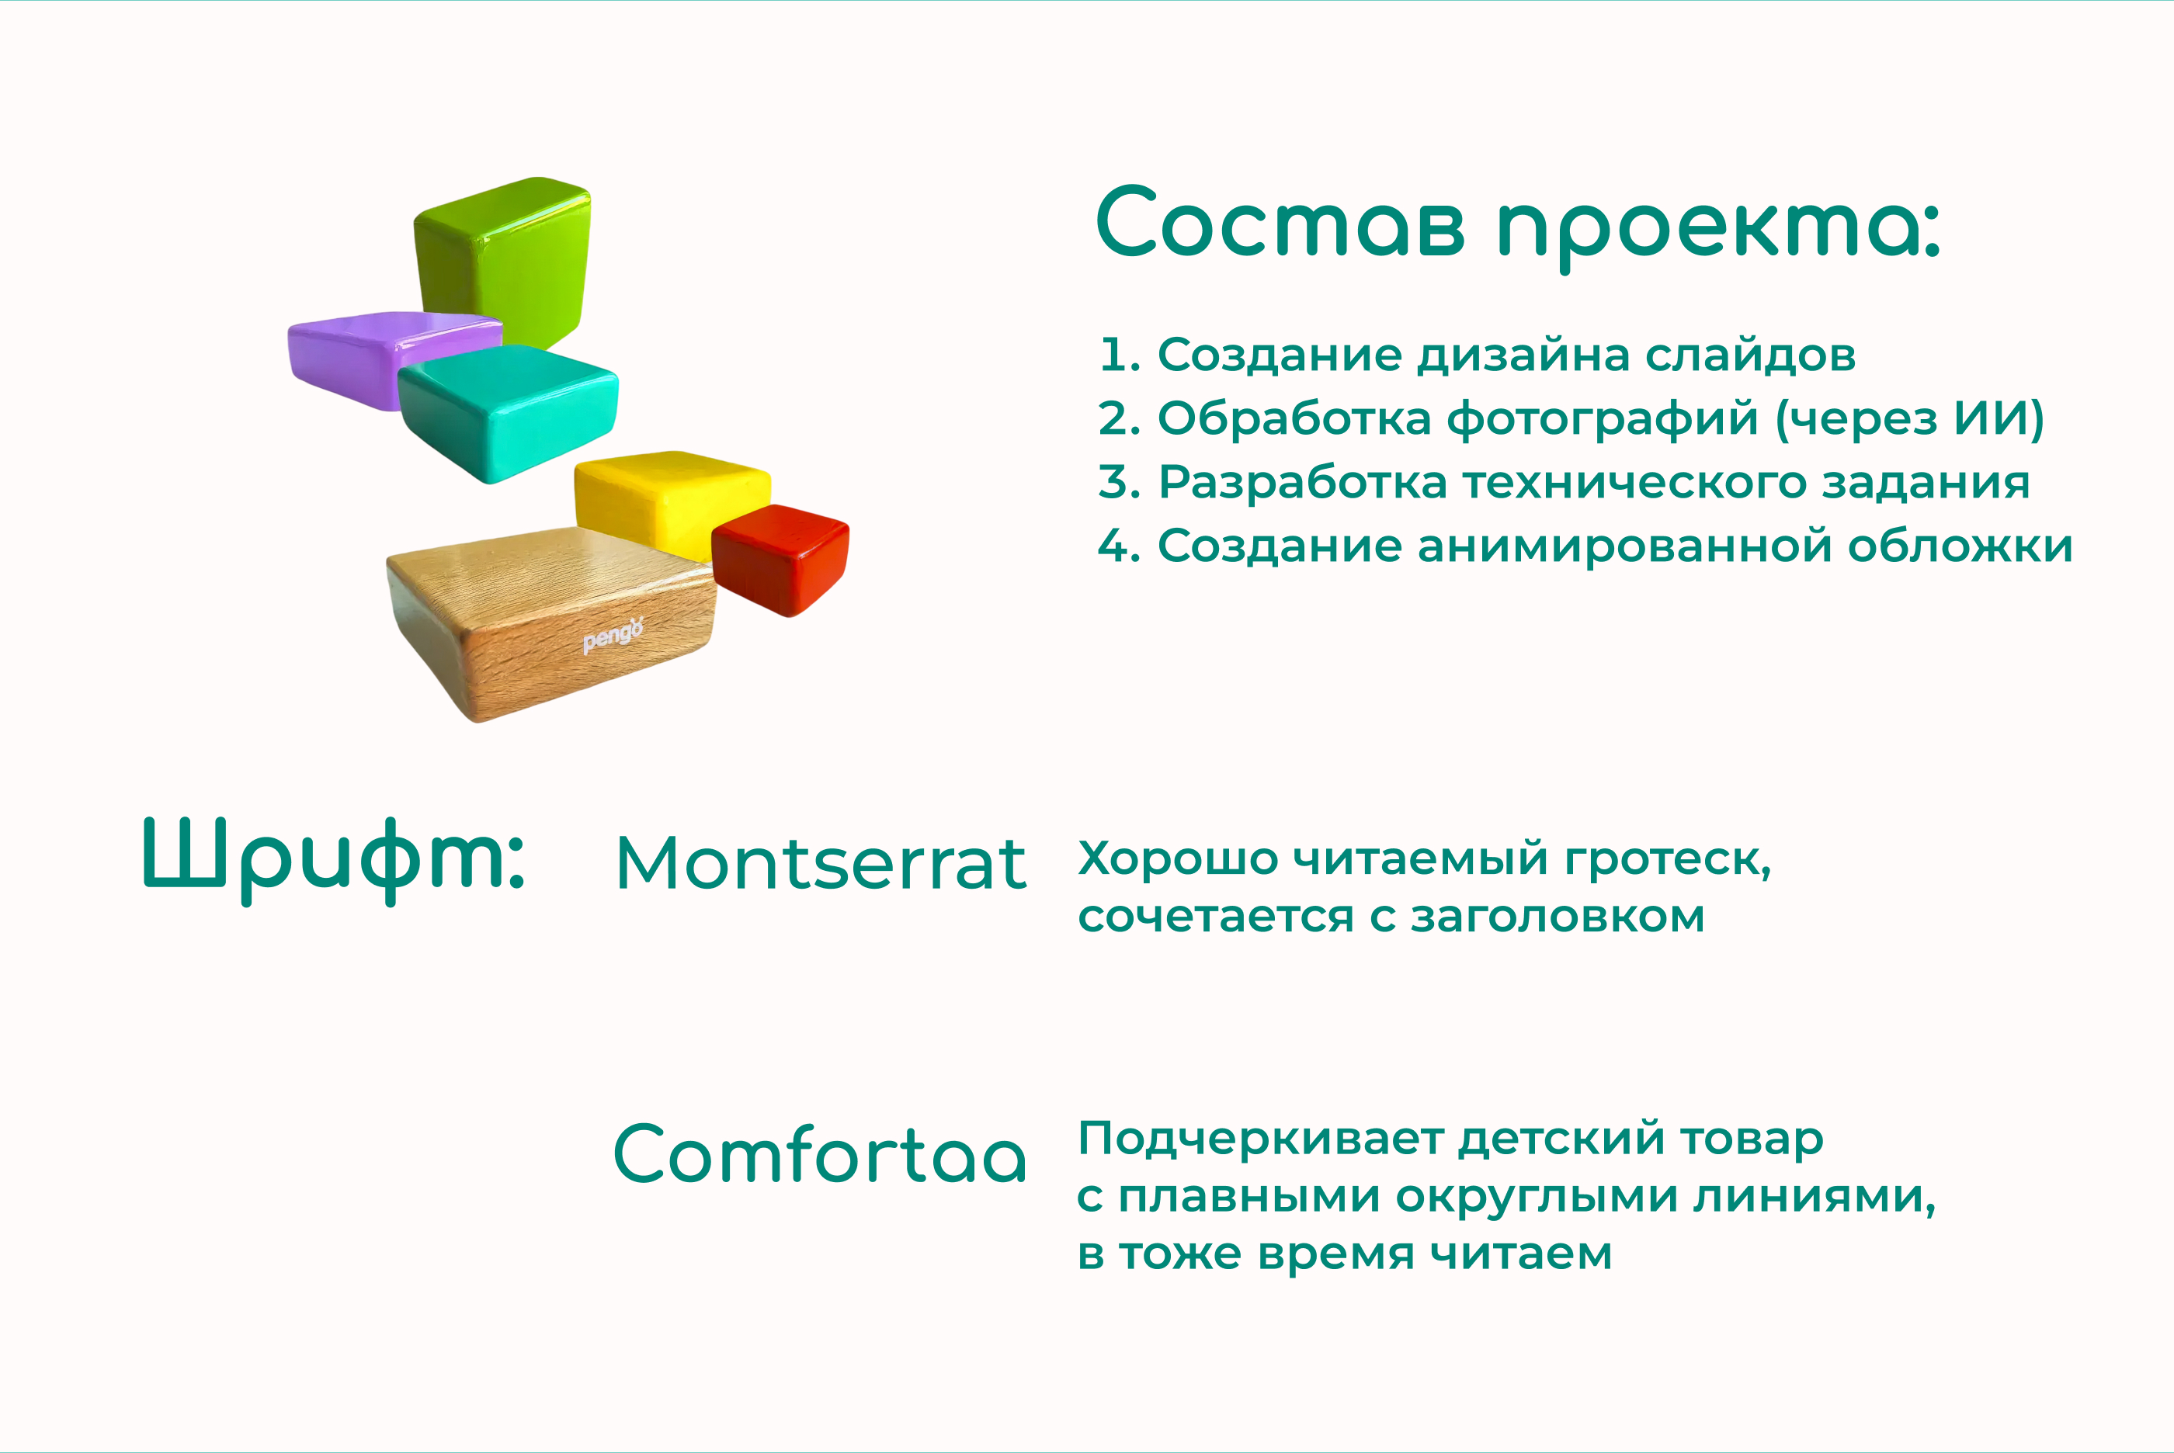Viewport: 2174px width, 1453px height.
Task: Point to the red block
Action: pyautogui.click(x=780, y=559)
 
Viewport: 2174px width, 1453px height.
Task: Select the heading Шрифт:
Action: pyautogui.click(x=334, y=860)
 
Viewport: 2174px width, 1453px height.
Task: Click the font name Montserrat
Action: pyautogui.click(x=821, y=864)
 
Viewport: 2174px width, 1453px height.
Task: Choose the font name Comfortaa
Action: pyautogui.click(x=820, y=1153)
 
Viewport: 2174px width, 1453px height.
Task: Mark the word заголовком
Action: pyautogui.click(x=1557, y=917)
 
